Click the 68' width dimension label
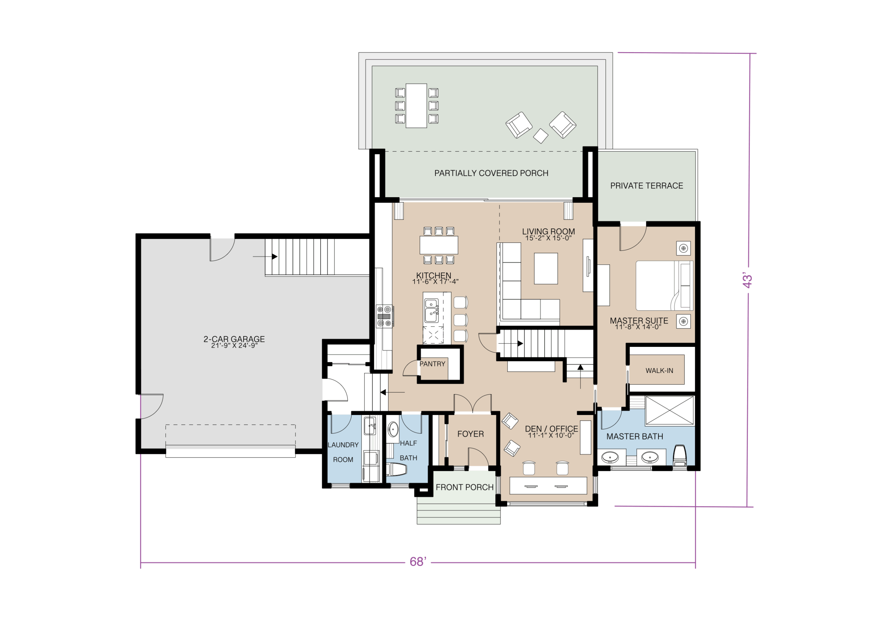click(418, 561)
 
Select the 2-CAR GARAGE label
click(234, 339)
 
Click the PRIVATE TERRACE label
click(647, 186)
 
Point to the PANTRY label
click(432, 364)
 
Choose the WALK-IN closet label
click(659, 370)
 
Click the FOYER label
click(470, 434)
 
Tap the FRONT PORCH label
click(465, 487)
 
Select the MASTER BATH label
click(634, 436)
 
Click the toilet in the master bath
click(679, 455)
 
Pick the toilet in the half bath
click(396, 469)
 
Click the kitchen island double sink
click(432, 311)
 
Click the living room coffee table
click(546, 268)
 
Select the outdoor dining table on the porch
click(416, 105)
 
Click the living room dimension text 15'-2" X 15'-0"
click(548, 238)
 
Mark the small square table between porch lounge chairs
click(541, 136)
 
